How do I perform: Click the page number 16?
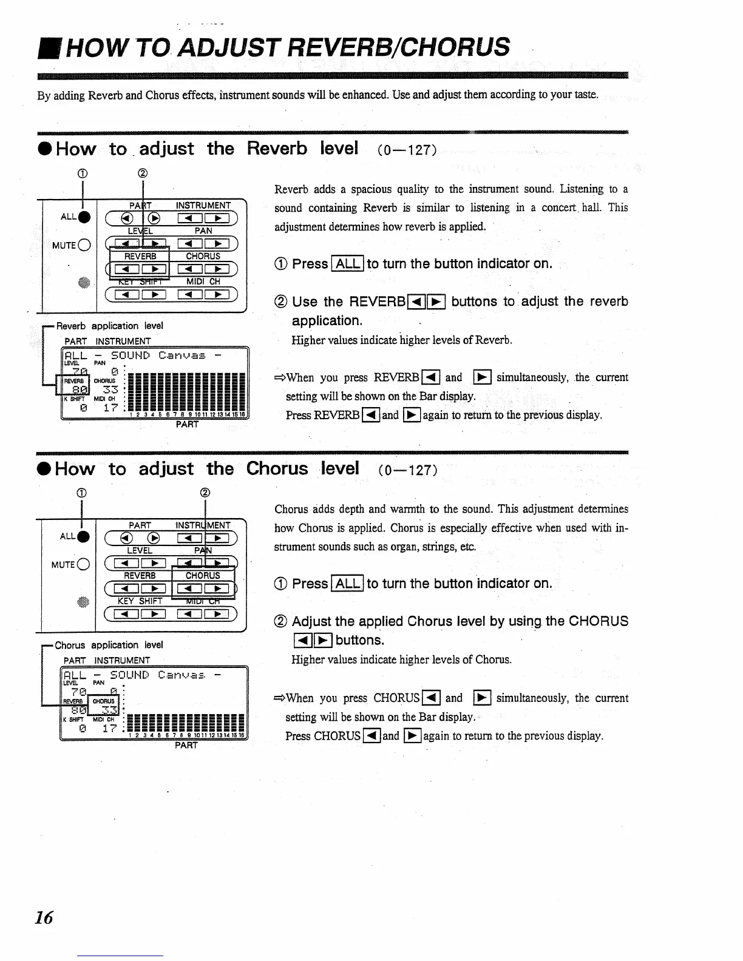coord(44,917)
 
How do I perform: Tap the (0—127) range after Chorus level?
coord(407,470)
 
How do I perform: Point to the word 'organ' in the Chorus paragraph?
coord(384,547)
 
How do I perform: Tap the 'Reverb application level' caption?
coord(109,326)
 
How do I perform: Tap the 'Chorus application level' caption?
coord(109,645)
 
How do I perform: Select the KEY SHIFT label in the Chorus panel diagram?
coord(140,601)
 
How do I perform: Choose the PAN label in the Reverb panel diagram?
coord(203,231)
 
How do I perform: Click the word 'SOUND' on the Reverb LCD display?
coord(130,356)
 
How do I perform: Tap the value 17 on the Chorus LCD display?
coord(110,728)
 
